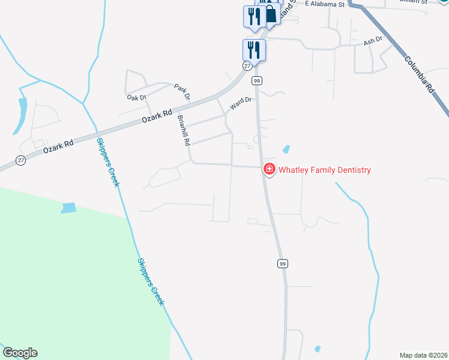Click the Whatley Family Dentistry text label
click(x=324, y=170)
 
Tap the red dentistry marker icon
click(x=269, y=170)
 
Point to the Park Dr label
click(x=182, y=91)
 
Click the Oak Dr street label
click(x=136, y=97)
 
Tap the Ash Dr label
click(x=373, y=43)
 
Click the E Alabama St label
click(x=324, y=4)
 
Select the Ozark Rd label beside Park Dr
click(x=157, y=116)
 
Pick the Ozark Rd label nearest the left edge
click(x=58, y=146)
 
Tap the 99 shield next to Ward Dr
click(x=256, y=80)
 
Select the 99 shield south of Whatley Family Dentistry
click(x=282, y=263)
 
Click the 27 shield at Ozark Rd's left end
click(x=21, y=160)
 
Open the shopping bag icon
click(x=271, y=15)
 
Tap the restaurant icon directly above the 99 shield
click(x=254, y=50)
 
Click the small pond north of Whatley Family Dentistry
click(x=286, y=149)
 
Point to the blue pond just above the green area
click(x=68, y=208)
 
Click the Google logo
click(x=20, y=353)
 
